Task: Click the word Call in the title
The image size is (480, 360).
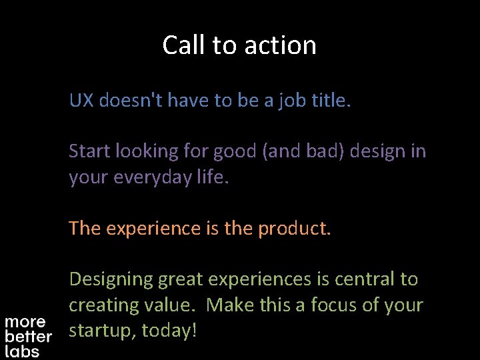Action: (185, 45)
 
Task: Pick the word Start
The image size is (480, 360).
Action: (89, 151)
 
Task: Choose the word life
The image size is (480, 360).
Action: (213, 177)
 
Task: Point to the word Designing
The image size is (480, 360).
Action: (111, 279)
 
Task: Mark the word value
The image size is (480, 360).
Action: (170, 305)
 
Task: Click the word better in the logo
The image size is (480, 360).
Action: (28, 337)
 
